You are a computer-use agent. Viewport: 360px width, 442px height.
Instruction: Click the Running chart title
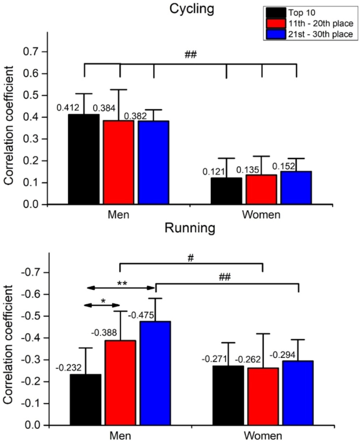pyautogui.click(x=190, y=229)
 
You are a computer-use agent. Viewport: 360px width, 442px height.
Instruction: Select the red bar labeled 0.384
pyautogui.click(x=119, y=162)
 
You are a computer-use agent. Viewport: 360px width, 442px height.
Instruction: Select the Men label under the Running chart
pyautogui.click(x=120, y=436)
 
